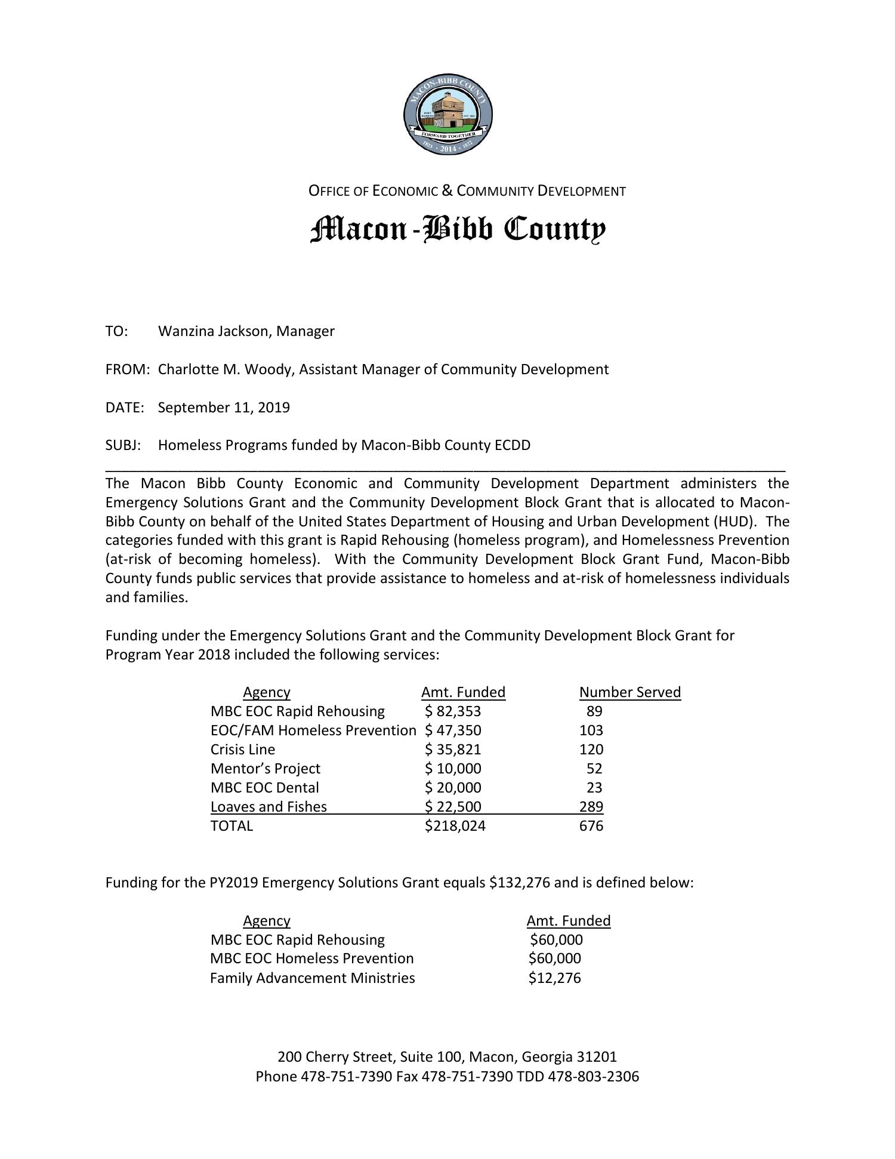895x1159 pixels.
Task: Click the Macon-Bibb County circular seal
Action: click(x=447, y=115)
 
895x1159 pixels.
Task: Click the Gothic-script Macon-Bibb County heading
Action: click(x=458, y=230)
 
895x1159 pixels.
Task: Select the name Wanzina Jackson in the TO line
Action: click(x=212, y=331)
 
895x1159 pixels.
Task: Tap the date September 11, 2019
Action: click(x=224, y=408)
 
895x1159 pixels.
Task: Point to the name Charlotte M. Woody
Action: click(x=226, y=369)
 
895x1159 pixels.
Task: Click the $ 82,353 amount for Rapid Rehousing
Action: click(x=453, y=711)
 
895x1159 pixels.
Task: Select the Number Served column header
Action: click(x=629, y=692)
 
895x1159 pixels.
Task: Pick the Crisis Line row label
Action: click(x=243, y=750)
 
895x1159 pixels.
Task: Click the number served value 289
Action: click(x=591, y=807)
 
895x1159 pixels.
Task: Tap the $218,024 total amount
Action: click(x=455, y=826)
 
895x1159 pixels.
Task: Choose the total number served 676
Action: click(x=591, y=826)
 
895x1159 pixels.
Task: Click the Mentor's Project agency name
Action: click(x=266, y=769)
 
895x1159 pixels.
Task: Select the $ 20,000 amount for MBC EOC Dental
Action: click(x=453, y=788)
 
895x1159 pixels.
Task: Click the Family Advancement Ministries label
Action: click(x=312, y=978)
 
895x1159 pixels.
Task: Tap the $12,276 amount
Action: click(x=554, y=978)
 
